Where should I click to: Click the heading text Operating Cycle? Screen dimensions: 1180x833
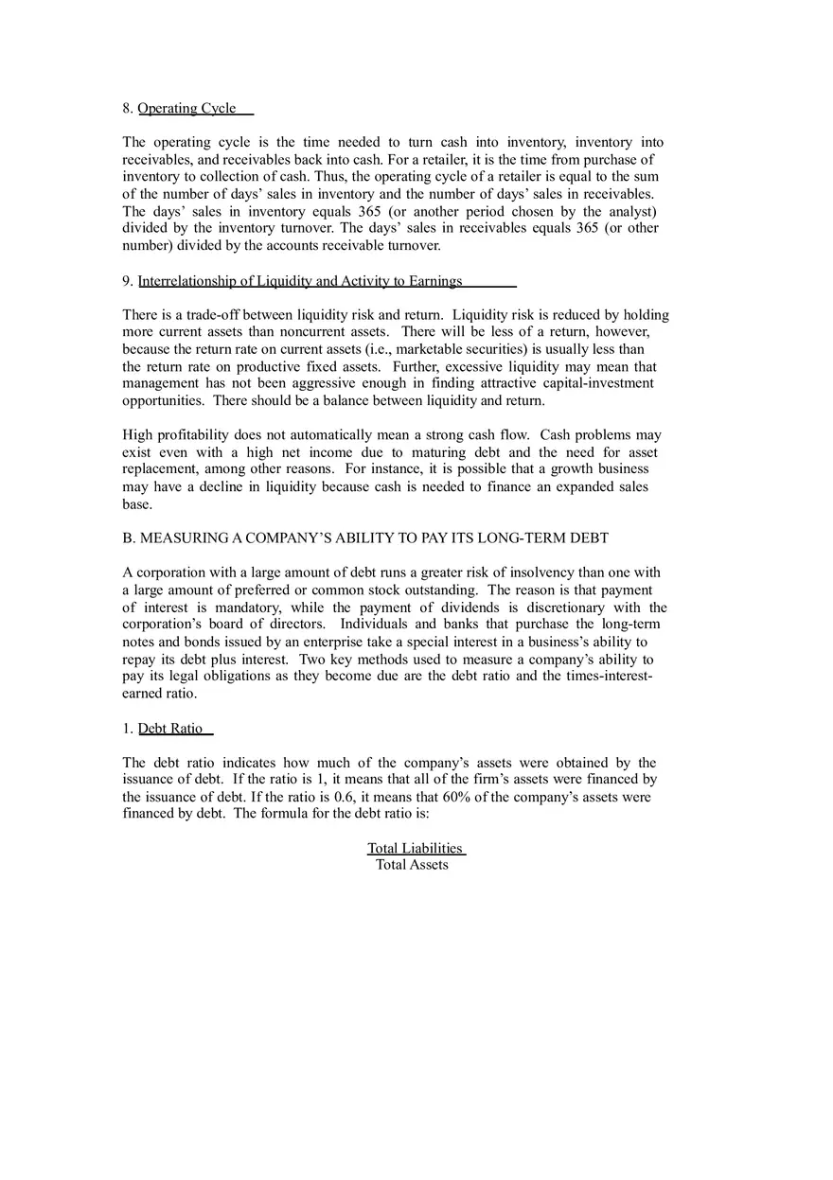pyautogui.click(x=186, y=108)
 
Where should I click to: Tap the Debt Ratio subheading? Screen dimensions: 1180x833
pyautogui.click(x=170, y=729)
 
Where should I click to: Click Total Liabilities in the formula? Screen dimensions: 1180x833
pyautogui.click(x=415, y=849)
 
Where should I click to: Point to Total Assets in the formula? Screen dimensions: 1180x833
pyautogui.click(x=412, y=865)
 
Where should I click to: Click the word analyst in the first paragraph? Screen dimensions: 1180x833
pyautogui.click(x=628, y=211)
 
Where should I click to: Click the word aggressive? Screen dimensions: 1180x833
pyautogui.click(x=361, y=383)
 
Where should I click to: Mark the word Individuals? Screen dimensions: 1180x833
pyautogui.click(x=373, y=625)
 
